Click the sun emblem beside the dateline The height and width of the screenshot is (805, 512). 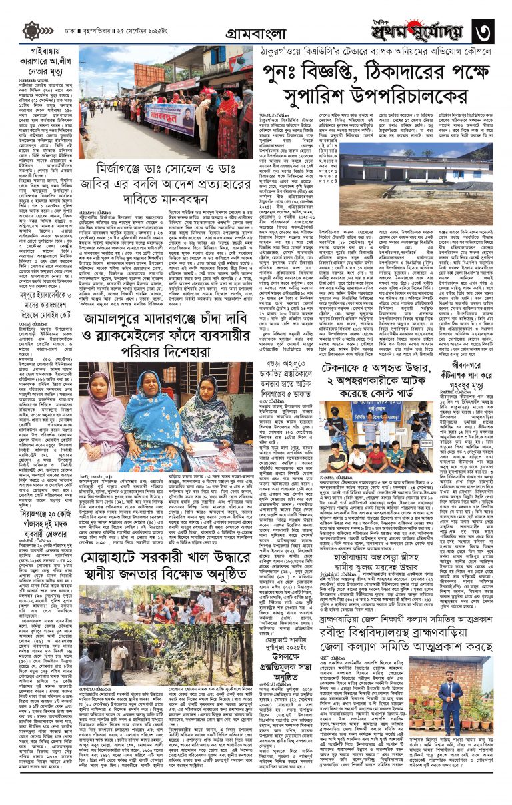point(31,31)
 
